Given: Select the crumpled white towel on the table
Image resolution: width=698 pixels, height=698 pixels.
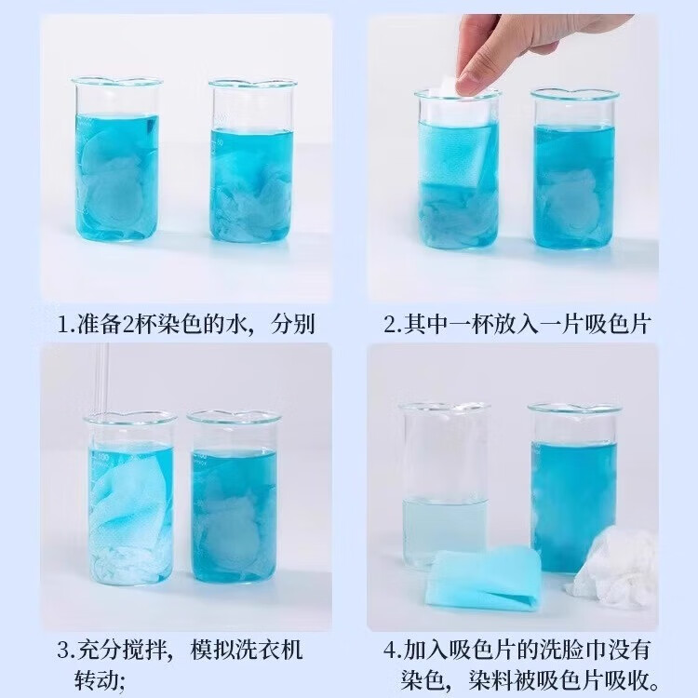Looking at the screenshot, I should [604, 564].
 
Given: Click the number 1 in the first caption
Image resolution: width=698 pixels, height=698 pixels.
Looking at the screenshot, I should [62, 325].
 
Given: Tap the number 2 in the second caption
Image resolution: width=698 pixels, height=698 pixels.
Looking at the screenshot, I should [390, 325].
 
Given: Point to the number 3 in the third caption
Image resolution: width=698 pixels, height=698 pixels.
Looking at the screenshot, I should [62, 649].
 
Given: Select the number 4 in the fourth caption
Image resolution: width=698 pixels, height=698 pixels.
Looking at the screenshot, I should [390, 649].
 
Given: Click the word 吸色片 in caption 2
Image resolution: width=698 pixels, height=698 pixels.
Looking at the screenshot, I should [618, 325].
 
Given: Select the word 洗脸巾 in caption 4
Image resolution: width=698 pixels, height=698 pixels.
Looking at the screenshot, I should [559, 649].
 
